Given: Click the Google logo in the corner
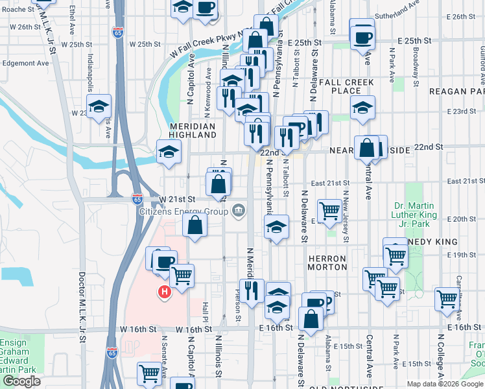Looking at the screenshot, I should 21,381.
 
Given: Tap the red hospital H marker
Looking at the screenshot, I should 165,293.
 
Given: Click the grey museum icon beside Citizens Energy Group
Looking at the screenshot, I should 238,211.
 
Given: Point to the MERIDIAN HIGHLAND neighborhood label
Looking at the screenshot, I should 193,130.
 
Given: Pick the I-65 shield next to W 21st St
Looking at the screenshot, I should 137,199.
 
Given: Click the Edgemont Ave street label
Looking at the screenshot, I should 25,64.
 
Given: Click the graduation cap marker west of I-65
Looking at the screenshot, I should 99,106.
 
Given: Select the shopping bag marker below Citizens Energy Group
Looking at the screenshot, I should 195,226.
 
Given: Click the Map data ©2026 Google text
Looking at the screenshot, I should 444,383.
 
